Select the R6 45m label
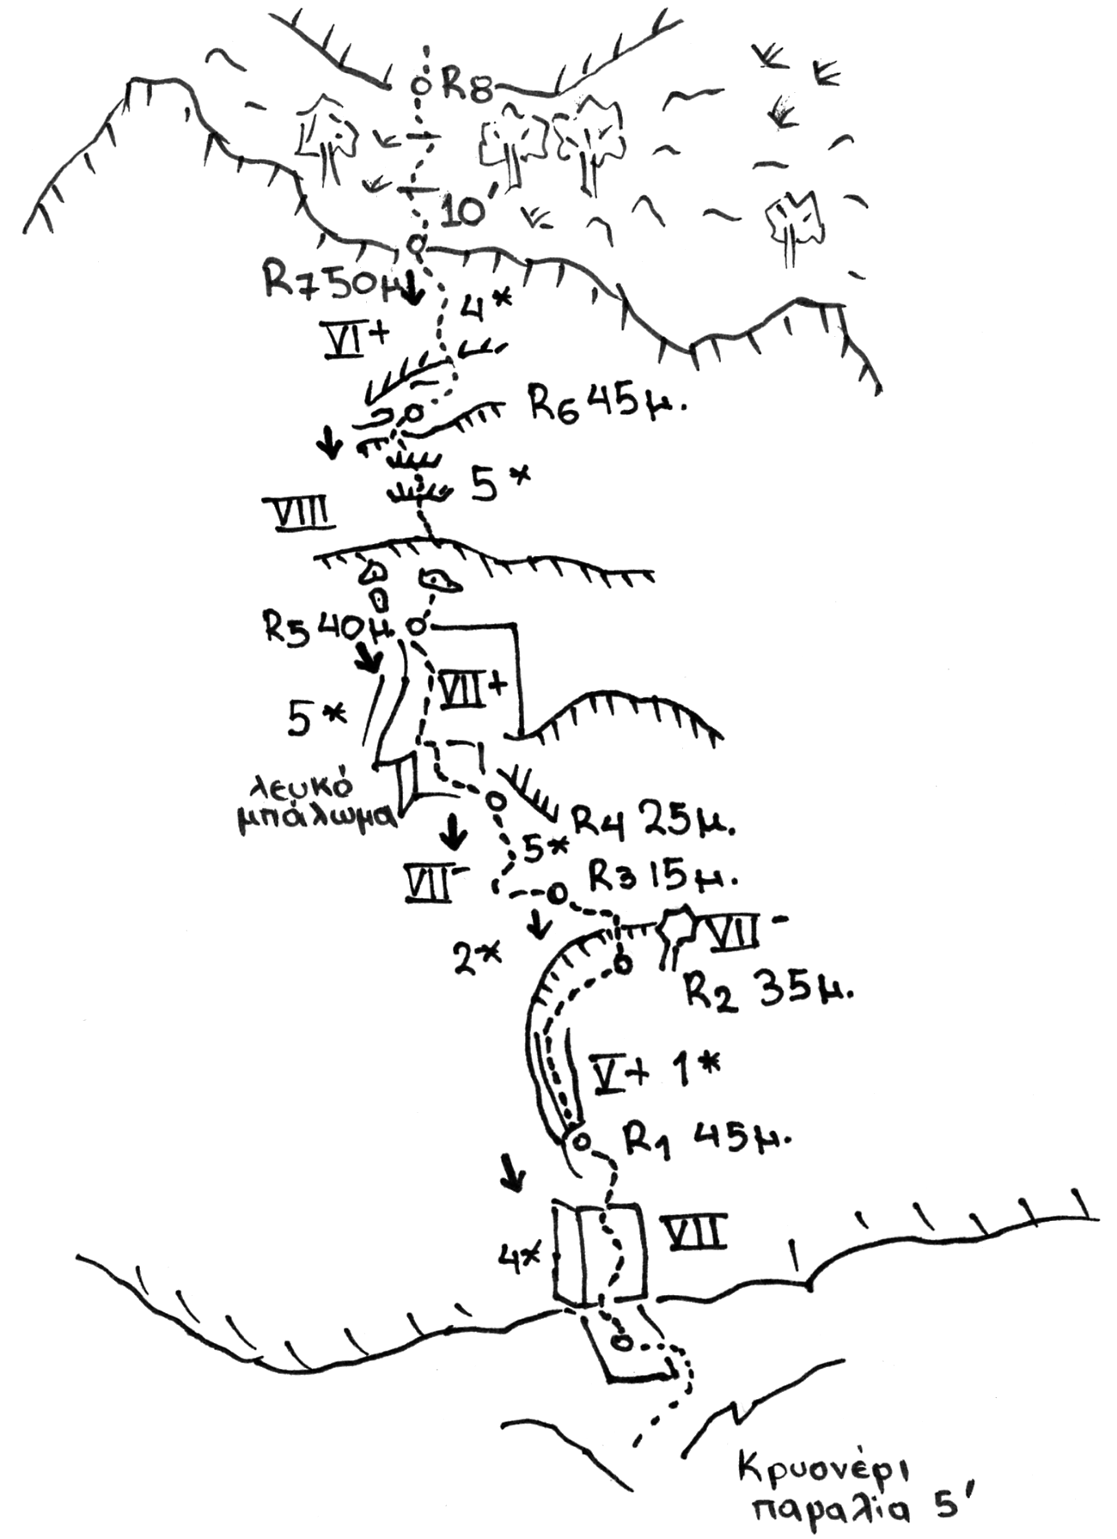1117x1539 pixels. pyautogui.click(x=606, y=402)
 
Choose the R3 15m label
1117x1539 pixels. pyautogui.click(x=662, y=877)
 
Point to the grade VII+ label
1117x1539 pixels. pyautogui.click(x=473, y=690)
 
